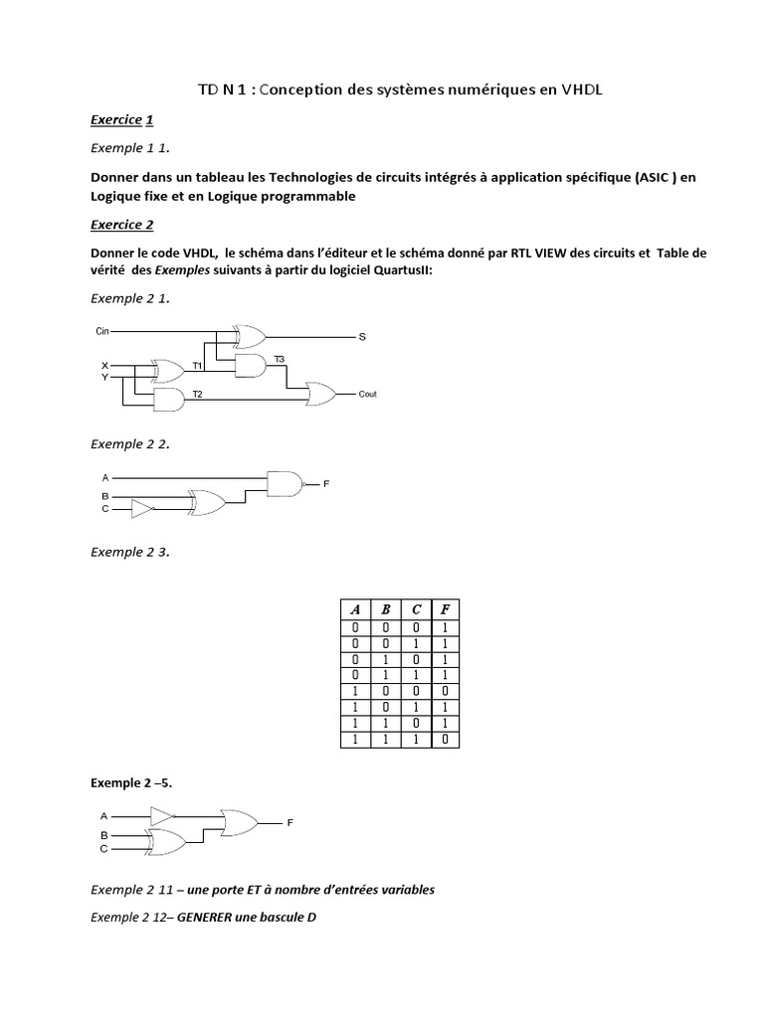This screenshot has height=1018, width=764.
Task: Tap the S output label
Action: click(x=362, y=337)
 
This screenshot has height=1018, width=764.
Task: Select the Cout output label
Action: click(x=368, y=394)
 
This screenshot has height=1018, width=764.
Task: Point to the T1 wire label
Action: click(x=197, y=366)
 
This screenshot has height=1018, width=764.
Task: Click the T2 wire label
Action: click(x=197, y=395)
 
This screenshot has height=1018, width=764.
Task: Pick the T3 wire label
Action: click(x=279, y=358)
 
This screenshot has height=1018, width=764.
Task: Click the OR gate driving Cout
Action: click(x=321, y=394)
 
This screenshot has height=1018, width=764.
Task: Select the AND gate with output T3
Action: click(x=248, y=366)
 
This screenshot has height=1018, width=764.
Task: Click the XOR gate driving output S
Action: click(x=248, y=336)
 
